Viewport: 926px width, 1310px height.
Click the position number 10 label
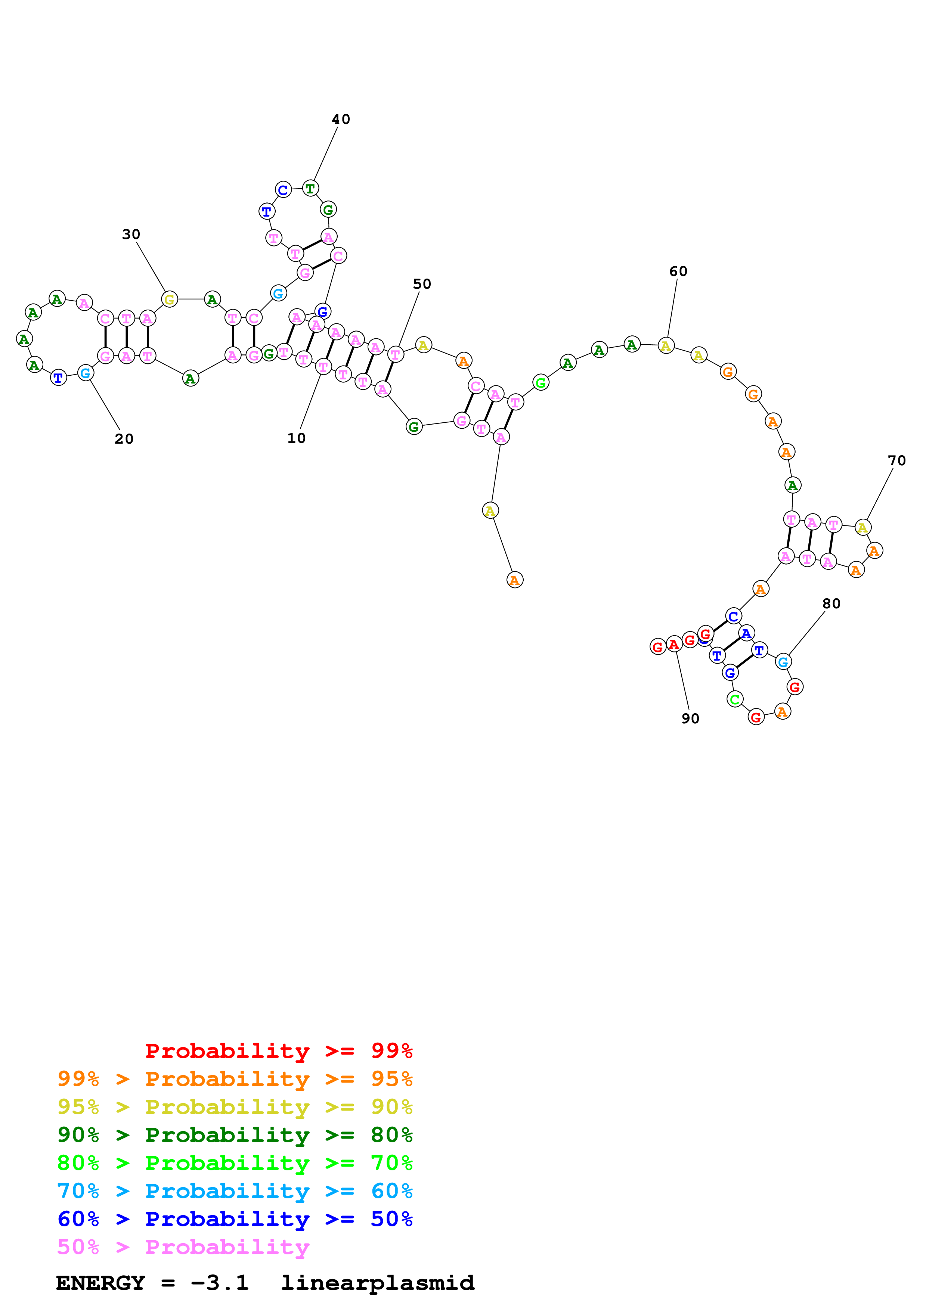296,438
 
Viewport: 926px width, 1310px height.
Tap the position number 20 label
124,439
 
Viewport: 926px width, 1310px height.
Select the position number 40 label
341,119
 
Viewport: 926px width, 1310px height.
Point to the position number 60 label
678,271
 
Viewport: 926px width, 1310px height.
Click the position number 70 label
896,460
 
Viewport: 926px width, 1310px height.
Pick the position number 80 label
831,603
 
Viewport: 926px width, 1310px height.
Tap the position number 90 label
690,719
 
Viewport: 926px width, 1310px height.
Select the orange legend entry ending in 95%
235,1079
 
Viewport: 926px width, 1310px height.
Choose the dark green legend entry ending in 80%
235,1135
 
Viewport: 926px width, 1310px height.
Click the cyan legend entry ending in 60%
235,1191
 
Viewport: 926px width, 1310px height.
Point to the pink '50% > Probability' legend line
183,1247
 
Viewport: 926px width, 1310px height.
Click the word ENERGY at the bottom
100,1283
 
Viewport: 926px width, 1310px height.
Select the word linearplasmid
378,1283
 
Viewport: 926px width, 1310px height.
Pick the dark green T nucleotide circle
310,188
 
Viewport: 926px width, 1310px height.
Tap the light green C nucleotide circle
735,699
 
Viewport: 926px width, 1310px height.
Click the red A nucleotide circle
674,644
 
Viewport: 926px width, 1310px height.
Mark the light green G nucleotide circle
540,382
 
